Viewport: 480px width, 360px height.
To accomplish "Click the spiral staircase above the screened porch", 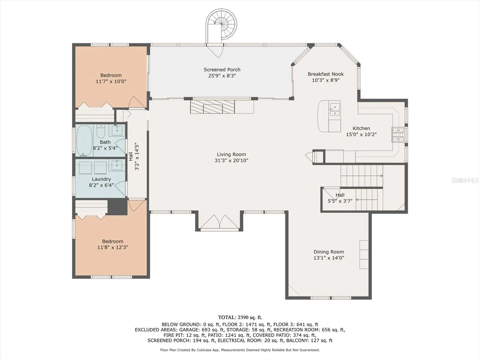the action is coord(221,26).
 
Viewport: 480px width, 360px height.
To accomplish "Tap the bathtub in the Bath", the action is coord(84,140).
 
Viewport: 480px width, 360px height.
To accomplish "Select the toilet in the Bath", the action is coord(101,131).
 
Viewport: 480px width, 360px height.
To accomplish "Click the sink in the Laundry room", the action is coord(117,165).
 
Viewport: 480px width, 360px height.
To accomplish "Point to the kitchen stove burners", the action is coord(398,135).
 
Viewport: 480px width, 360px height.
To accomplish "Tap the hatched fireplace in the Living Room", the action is coord(212,107).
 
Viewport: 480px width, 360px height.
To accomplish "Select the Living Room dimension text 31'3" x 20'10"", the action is coord(231,160).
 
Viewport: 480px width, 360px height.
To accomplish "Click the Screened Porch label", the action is coord(222,70).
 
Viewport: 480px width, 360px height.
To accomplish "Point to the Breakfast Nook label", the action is coord(325,74).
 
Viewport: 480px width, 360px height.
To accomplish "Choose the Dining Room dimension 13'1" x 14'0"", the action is coord(329,258).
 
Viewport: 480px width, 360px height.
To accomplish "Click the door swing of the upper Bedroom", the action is coord(137,102).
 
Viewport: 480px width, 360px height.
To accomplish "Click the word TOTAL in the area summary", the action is coord(227,317).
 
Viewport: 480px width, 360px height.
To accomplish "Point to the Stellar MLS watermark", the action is coord(465,180).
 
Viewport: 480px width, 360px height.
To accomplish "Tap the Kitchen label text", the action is coord(361,128).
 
